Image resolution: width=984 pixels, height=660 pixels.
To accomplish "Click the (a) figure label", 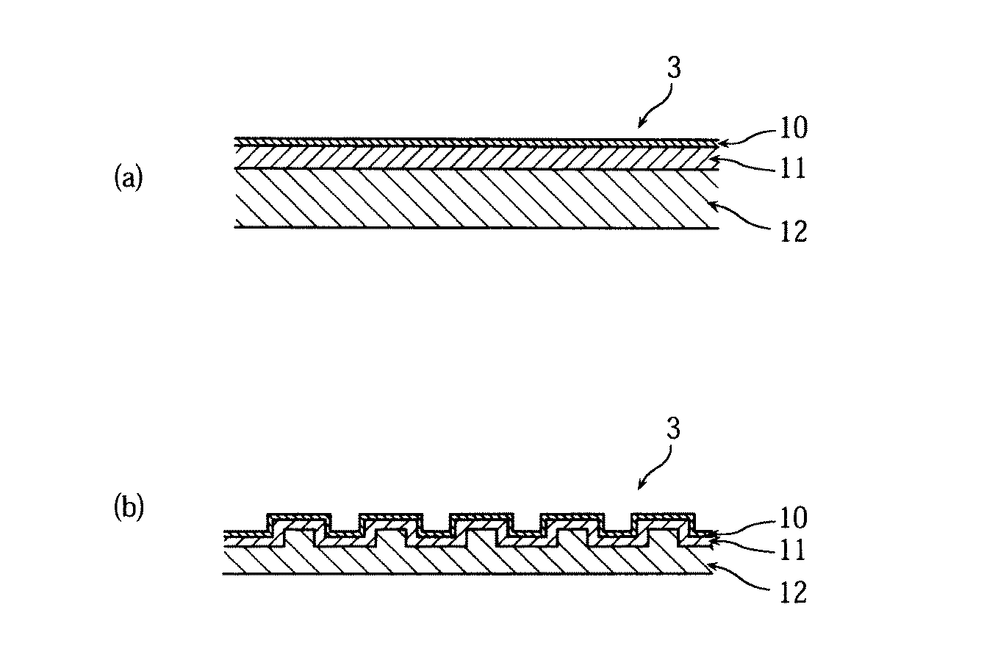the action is (x=129, y=178).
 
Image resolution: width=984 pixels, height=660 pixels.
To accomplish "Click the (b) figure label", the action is (x=129, y=508).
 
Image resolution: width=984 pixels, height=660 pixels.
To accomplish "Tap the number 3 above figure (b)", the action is (x=673, y=428).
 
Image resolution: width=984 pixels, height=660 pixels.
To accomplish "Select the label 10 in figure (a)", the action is (x=794, y=128).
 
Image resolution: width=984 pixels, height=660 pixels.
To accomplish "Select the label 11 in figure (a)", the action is (x=793, y=168).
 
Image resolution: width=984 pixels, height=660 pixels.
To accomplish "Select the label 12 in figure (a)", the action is (x=794, y=232).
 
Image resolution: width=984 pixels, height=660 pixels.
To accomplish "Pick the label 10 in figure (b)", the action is (x=794, y=517).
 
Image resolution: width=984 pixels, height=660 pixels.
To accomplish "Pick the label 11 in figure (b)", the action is (x=793, y=550).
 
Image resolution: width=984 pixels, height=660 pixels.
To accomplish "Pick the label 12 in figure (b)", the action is (x=794, y=592).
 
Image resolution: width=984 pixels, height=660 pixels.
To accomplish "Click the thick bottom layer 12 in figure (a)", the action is (x=477, y=198).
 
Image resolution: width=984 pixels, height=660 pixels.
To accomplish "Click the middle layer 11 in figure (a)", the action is (x=477, y=158).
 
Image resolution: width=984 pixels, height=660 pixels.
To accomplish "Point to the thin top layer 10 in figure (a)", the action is (x=477, y=143).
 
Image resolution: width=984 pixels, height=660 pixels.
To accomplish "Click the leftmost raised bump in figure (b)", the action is (x=299, y=527).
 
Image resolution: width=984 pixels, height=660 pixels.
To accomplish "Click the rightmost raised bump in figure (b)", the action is (x=663, y=527).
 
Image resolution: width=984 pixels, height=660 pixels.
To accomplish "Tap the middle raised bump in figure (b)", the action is (x=481, y=527).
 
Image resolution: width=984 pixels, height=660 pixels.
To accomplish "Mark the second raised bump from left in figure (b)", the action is (x=390, y=527).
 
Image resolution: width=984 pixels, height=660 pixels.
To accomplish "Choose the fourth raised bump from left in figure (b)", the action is (x=572, y=527).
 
